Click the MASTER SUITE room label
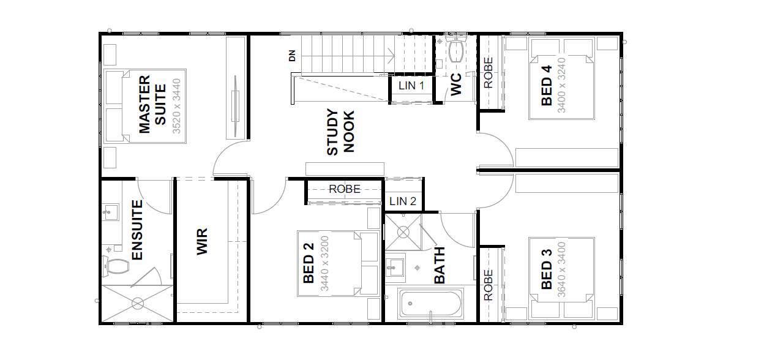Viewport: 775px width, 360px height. tap(152, 104)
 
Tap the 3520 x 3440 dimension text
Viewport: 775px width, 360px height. tap(176, 107)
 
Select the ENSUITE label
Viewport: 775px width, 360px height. tap(137, 230)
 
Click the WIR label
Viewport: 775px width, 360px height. tap(201, 242)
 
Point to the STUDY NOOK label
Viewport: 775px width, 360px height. tap(341, 132)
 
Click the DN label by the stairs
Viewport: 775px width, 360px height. tap(293, 56)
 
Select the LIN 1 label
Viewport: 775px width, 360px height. tap(411, 86)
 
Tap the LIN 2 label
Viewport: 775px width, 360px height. tap(403, 201)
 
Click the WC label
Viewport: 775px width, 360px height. tap(456, 84)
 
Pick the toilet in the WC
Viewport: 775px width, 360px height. tap(456, 50)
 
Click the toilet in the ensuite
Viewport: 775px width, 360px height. tap(115, 266)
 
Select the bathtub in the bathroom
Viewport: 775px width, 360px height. tap(430, 304)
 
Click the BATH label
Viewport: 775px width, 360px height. tap(440, 265)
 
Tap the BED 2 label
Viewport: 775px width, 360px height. tap(309, 263)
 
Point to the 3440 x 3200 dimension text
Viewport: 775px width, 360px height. tap(324, 263)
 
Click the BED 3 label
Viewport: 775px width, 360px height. tap(547, 269)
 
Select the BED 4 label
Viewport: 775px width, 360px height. tap(547, 86)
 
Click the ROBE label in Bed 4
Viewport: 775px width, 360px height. tap(488, 73)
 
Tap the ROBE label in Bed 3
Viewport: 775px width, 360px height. tap(488, 285)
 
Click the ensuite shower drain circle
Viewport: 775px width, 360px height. tap(138, 304)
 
